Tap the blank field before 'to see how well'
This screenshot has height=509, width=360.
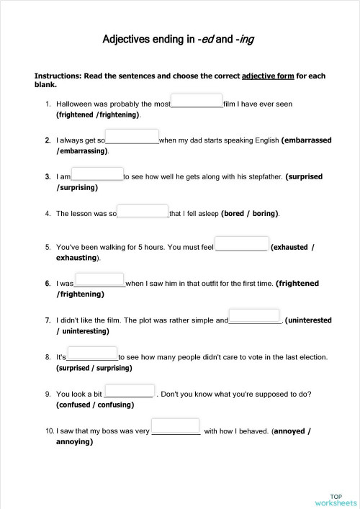point(97,173)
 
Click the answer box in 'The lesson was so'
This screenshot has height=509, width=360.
point(143,210)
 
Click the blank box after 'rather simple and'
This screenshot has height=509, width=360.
point(254,316)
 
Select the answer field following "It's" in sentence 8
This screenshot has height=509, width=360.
point(92,353)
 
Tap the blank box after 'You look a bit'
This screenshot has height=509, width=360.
point(130,390)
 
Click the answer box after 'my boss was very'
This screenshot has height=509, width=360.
point(176,426)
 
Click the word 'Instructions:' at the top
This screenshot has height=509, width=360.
point(58,76)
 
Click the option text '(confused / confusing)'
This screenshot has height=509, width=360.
point(95,405)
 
